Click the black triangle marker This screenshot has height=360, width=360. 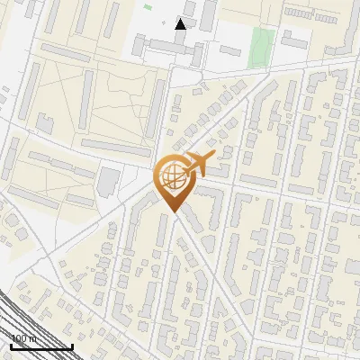[x=180, y=23]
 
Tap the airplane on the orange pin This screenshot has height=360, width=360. [x=200, y=163]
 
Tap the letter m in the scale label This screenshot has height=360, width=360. [x=32, y=338]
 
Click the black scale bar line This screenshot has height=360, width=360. [x=41, y=346]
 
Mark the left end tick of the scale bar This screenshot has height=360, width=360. [x=11, y=345]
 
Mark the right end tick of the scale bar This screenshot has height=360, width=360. [x=72, y=345]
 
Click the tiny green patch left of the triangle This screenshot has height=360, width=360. [x=147, y=7]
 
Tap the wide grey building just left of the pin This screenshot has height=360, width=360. [x=107, y=181]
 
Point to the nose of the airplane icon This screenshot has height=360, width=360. [x=214, y=157]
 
